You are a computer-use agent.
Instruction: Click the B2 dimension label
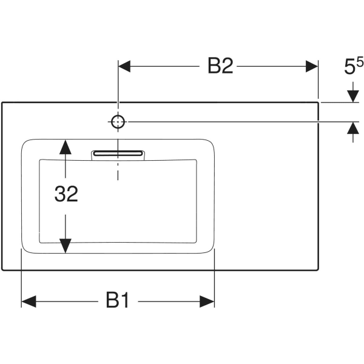[220, 66]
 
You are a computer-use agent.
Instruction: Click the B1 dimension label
[118, 300]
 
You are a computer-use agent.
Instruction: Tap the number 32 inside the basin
[66, 195]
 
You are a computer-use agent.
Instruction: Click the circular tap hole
[118, 122]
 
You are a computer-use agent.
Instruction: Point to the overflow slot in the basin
[119, 155]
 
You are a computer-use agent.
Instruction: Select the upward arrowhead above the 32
[66, 146]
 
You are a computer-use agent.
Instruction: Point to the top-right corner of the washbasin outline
[319, 103]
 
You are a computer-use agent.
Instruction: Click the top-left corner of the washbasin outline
[2, 103]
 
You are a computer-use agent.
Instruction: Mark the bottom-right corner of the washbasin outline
[319, 271]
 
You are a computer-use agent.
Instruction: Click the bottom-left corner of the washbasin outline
[2, 271]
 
